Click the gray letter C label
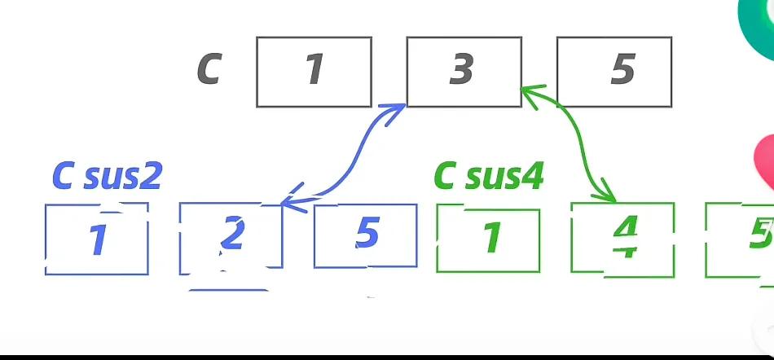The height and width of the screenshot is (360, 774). click(209, 69)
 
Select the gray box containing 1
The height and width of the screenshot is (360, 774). click(314, 72)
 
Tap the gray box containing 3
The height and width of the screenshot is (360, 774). click(463, 72)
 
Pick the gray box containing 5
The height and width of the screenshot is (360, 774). click(613, 72)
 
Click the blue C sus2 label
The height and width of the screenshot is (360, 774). click(107, 175)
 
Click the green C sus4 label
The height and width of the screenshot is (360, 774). click(488, 175)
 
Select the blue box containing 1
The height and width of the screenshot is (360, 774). click(96, 239)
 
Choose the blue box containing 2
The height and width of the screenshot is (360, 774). click(231, 236)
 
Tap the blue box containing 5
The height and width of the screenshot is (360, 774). click(365, 236)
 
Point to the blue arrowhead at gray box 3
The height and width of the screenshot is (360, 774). click(397, 112)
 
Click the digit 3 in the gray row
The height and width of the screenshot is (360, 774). click(462, 70)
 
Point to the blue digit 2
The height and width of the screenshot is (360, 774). click(232, 235)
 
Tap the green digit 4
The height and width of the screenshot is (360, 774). click(624, 238)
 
